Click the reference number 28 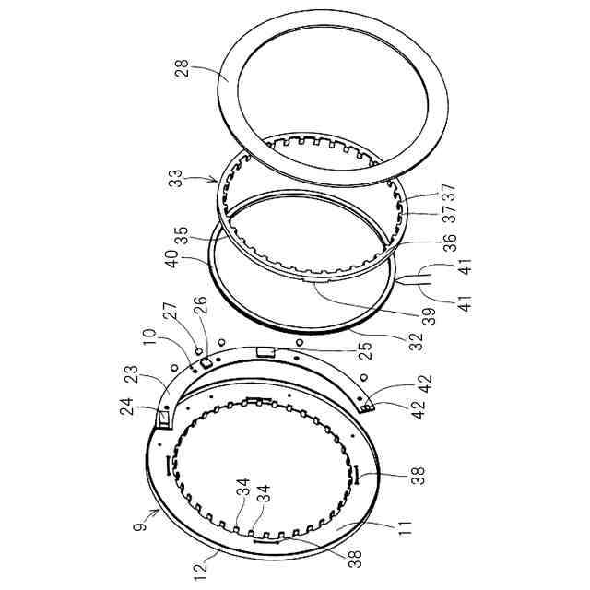(x=182, y=67)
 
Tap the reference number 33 (x=175, y=179)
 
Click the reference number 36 (x=450, y=242)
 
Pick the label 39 (x=429, y=316)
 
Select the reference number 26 (x=200, y=305)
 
